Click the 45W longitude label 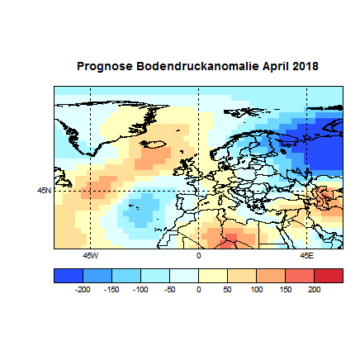click(90, 255)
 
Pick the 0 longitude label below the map click(198, 255)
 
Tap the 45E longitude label click(306, 255)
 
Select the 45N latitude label click(45, 191)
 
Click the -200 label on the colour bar click(83, 290)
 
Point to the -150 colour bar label click(111, 290)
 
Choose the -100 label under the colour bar click(140, 290)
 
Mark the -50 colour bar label click(170, 290)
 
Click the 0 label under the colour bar click(199, 290)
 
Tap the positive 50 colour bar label click(227, 290)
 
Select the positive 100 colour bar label click(256, 290)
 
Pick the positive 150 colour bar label click(285, 290)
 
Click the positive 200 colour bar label click(314, 290)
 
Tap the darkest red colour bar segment click(328, 276)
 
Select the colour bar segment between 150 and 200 click(299, 276)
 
